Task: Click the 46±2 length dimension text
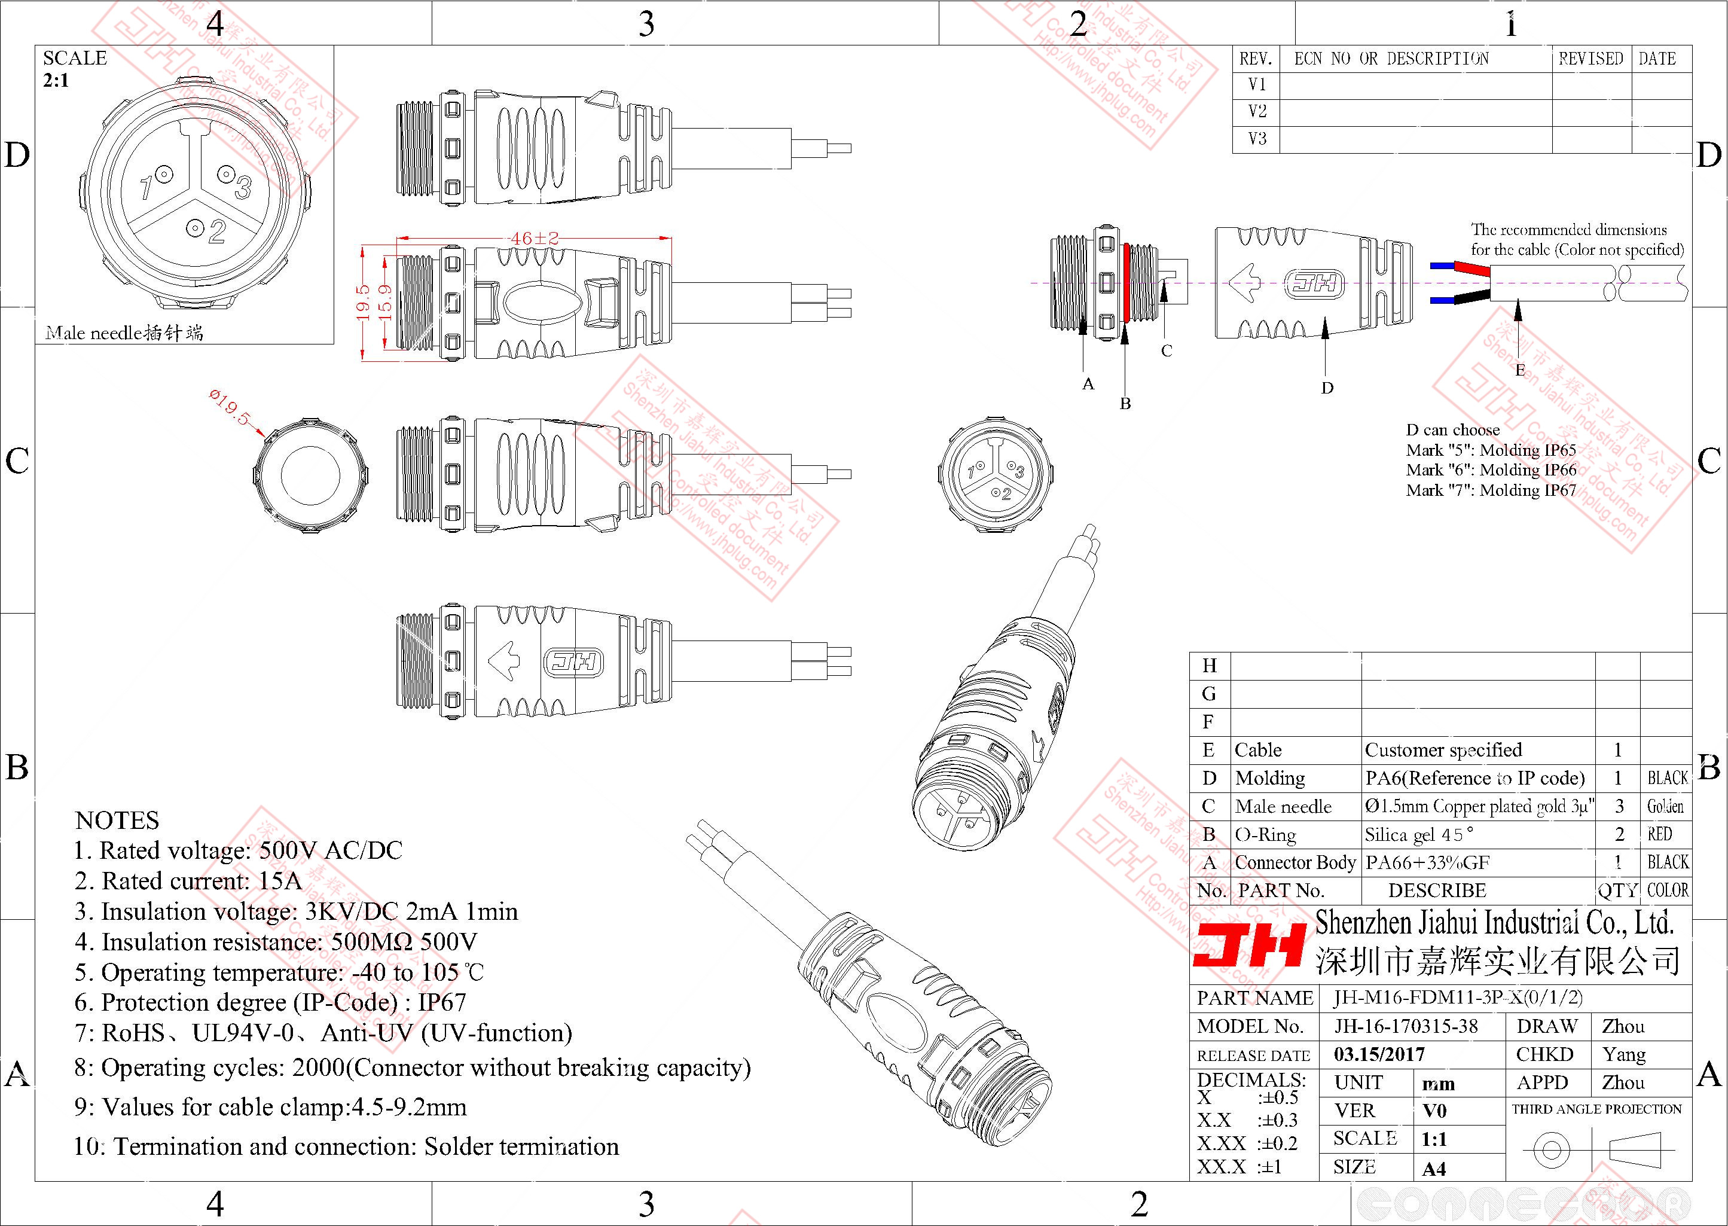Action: click(535, 238)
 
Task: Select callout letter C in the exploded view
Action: click(1167, 351)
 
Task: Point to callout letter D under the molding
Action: click(1327, 388)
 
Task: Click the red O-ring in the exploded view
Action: click(1126, 282)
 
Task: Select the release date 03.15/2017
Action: click(1379, 1054)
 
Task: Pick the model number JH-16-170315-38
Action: click(1406, 1027)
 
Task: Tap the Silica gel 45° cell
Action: click(1419, 835)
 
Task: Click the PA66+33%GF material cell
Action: click(1427, 863)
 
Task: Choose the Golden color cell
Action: click(1665, 806)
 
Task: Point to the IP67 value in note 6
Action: click(442, 1002)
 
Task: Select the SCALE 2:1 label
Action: click(75, 69)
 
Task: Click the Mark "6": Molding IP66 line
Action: click(1491, 470)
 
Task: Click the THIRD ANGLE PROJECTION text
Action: click(1596, 1109)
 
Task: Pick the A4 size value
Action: click(1434, 1169)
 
